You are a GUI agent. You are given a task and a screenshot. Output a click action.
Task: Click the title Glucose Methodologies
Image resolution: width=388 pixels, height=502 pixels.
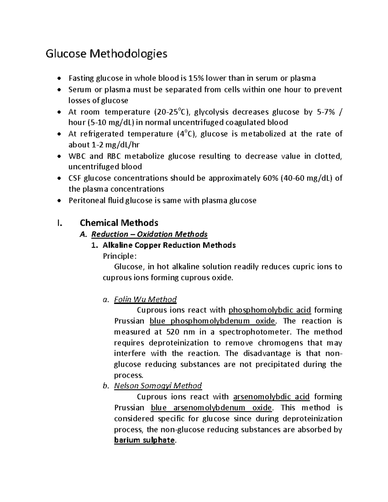(106, 54)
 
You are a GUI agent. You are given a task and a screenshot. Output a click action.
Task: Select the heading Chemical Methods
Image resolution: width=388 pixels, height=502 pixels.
(119, 223)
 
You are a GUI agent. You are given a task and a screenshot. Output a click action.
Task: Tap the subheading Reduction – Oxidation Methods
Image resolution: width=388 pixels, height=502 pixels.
(149, 234)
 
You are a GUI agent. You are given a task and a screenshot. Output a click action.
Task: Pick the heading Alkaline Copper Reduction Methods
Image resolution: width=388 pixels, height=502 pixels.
(169, 245)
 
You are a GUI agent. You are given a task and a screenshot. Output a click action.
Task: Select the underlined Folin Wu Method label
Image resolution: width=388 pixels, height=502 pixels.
(145, 299)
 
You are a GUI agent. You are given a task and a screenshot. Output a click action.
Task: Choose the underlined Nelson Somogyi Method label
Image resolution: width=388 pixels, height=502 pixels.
(158, 386)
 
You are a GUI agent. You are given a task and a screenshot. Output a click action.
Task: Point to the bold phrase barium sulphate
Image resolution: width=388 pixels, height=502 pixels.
(144, 440)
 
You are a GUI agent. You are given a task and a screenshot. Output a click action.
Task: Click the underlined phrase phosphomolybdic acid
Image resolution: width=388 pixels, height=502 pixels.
(270, 310)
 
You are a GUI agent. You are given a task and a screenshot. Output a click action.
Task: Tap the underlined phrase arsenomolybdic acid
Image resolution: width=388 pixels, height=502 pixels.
(271, 397)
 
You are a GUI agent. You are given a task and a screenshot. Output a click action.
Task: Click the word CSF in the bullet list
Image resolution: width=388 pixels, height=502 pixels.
(74, 178)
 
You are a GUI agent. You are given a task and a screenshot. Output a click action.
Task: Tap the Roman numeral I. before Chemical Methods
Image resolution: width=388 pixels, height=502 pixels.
(58, 223)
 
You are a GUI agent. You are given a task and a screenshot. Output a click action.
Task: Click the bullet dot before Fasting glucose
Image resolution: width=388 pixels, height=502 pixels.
(59, 79)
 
